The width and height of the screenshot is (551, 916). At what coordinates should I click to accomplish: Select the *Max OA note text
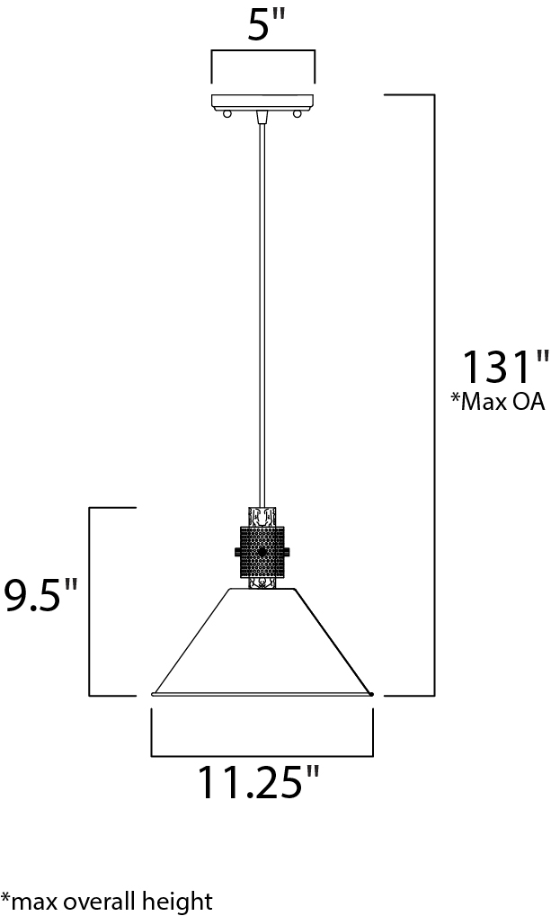point(498,402)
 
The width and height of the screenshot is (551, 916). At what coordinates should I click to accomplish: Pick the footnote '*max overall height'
point(107,900)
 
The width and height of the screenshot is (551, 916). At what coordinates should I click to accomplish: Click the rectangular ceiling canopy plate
point(262,101)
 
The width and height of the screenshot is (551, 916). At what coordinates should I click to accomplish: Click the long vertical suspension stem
point(262,315)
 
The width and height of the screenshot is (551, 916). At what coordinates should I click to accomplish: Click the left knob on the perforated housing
point(235,552)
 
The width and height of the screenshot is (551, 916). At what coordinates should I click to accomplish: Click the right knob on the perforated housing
point(289,552)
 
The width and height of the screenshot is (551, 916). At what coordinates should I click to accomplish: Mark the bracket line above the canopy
point(262,52)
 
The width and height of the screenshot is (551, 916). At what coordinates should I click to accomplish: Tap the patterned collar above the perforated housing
point(262,516)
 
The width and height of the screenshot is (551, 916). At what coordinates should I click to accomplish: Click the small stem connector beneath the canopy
point(262,116)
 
